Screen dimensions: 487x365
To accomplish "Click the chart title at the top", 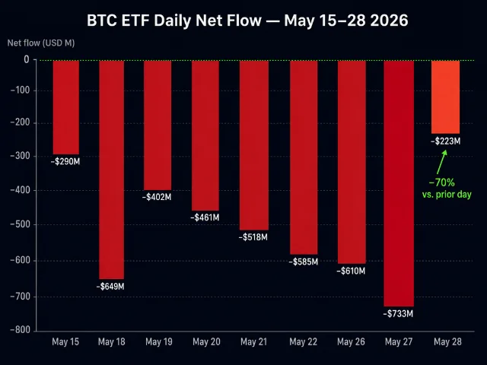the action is [x=247, y=21].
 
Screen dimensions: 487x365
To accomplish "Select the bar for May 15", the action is [x=66, y=107].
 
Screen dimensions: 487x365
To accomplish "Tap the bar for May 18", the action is [x=112, y=170].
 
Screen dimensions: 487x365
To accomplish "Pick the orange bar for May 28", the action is [x=445, y=97].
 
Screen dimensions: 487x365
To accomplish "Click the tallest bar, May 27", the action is [x=399, y=183].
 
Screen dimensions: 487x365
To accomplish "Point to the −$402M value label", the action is [x=157, y=197].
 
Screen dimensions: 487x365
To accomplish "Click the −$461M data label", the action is [x=205, y=217].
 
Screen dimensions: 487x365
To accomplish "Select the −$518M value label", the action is [x=253, y=237].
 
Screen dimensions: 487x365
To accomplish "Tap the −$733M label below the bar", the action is [x=398, y=314].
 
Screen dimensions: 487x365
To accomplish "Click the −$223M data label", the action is [x=446, y=141].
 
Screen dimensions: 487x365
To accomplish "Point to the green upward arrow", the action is [x=441, y=162].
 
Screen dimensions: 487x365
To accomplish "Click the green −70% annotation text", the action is [x=441, y=182].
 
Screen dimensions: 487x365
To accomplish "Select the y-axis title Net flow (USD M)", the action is [x=41, y=43].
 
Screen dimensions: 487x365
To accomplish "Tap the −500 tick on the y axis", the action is [x=21, y=224].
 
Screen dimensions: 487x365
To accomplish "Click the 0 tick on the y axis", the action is [x=27, y=59].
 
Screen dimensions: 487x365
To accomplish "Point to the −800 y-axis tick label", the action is [x=21, y=329].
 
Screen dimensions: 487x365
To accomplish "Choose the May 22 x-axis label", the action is [x=303, y=341].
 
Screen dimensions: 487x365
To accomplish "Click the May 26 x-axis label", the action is [x=351, y=341].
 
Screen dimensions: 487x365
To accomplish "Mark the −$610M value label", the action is [x=351, y=271].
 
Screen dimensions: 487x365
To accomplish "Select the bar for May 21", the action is [x=254, y=145].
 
